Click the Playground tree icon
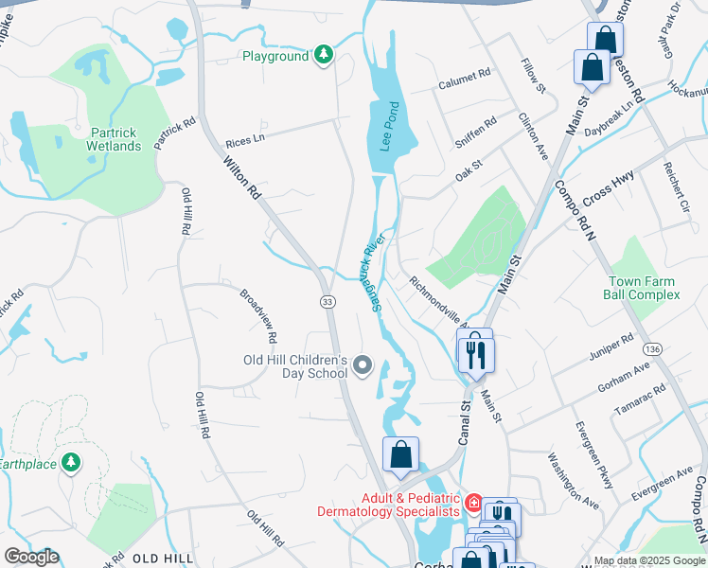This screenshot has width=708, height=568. point(324,56)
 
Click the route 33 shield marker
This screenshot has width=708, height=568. point(327,301)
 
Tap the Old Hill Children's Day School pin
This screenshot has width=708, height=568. point(363,365)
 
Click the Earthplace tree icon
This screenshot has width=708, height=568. point(70,463)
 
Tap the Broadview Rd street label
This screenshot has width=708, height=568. point(258,315)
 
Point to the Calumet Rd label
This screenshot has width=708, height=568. point(465,73)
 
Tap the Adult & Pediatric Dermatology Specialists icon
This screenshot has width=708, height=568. point(473,503)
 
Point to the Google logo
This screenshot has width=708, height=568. point(31,557)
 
